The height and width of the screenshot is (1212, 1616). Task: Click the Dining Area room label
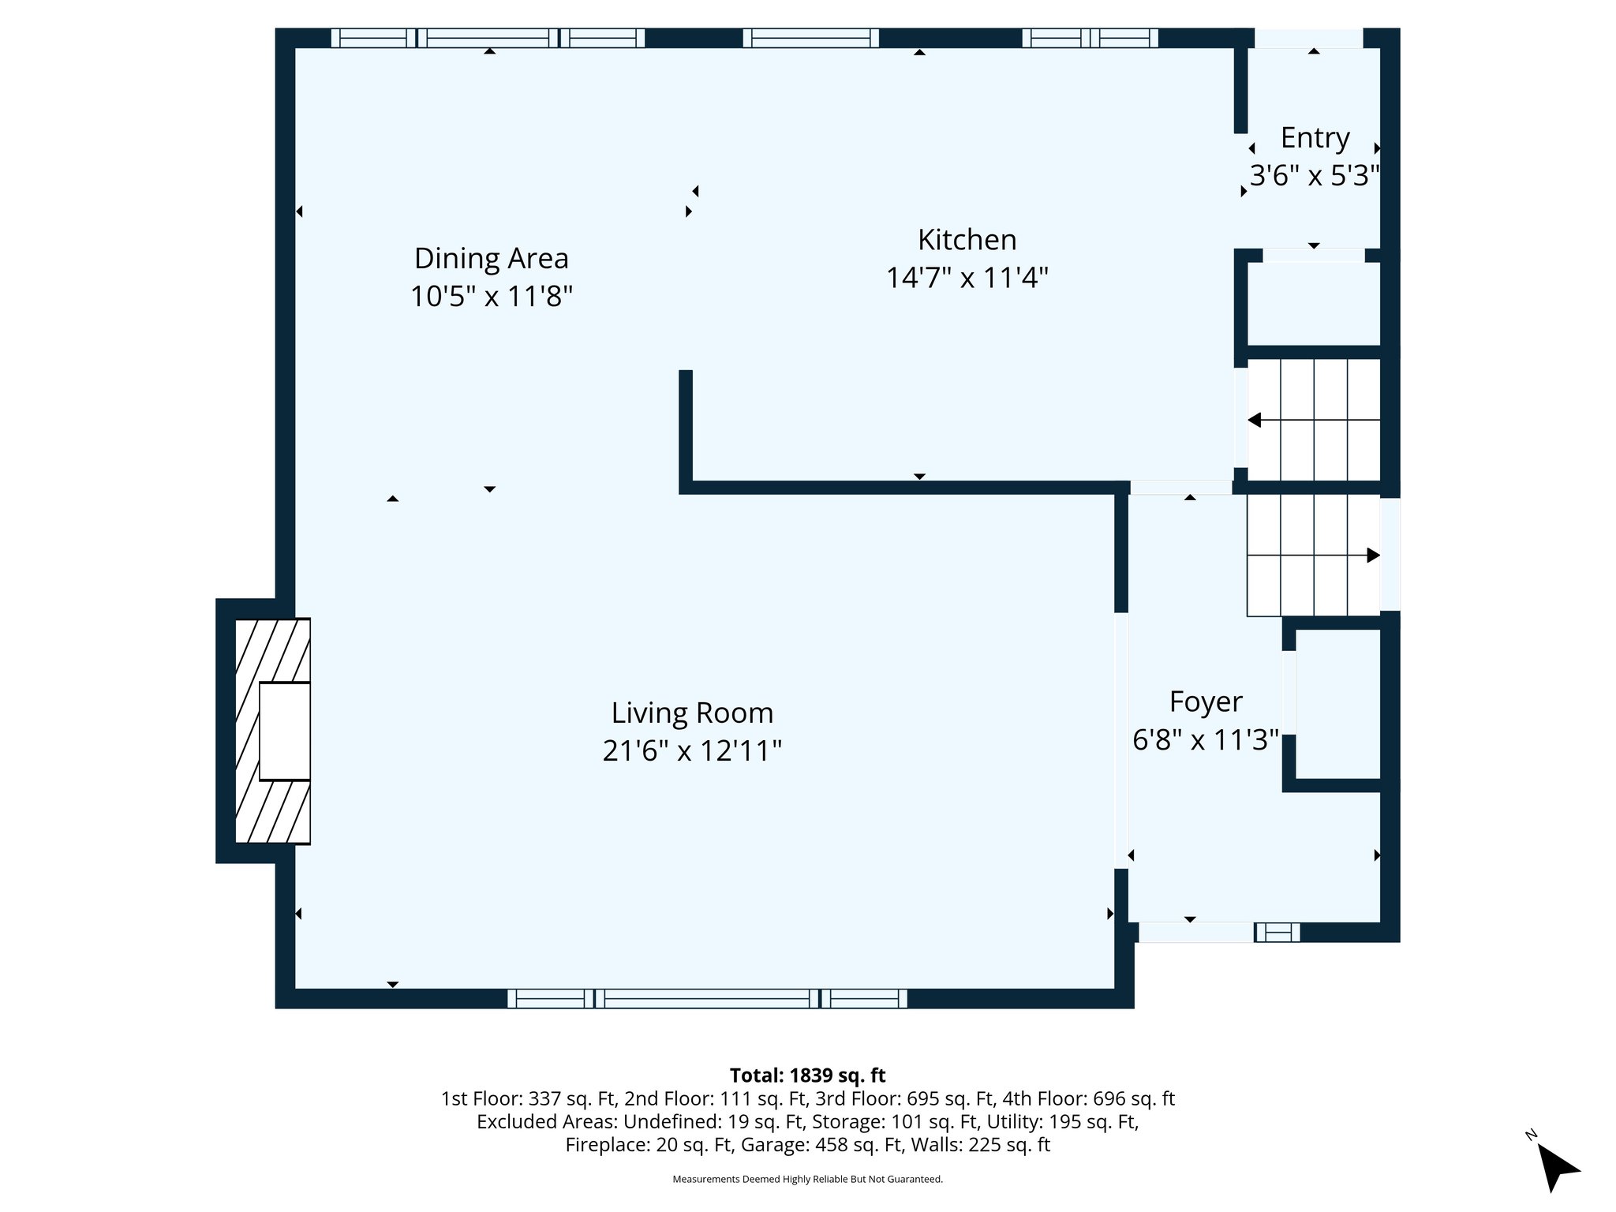[491, 259]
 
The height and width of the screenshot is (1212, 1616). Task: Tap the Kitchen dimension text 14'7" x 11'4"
[967, 278]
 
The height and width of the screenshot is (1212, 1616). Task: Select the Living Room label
[692, 713]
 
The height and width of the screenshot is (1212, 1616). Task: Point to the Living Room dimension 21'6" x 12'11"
[692, 750]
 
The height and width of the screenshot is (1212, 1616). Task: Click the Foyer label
[1205, 701]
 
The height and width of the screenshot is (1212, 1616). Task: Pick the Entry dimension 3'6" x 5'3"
[1314, 175]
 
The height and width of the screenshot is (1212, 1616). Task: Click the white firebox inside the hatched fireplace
[284, 731]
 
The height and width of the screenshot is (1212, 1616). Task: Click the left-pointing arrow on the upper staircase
[1255, 420]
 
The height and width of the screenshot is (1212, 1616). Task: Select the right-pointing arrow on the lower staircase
[1373, 555]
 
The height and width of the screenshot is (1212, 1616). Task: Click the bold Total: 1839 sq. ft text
[807, 1075]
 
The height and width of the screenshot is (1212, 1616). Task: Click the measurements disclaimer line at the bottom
[807, 1179]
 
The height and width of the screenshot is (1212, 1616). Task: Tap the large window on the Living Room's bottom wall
[707, 999]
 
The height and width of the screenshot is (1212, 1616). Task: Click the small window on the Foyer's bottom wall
[1277, 933]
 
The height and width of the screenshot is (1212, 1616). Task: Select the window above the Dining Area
[487, 38]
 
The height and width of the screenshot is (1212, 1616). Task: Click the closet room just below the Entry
[1313, 304]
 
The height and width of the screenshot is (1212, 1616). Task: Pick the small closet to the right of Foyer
[1337, 702]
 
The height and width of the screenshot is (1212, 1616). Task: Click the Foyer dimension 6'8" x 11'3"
[1205, 740]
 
